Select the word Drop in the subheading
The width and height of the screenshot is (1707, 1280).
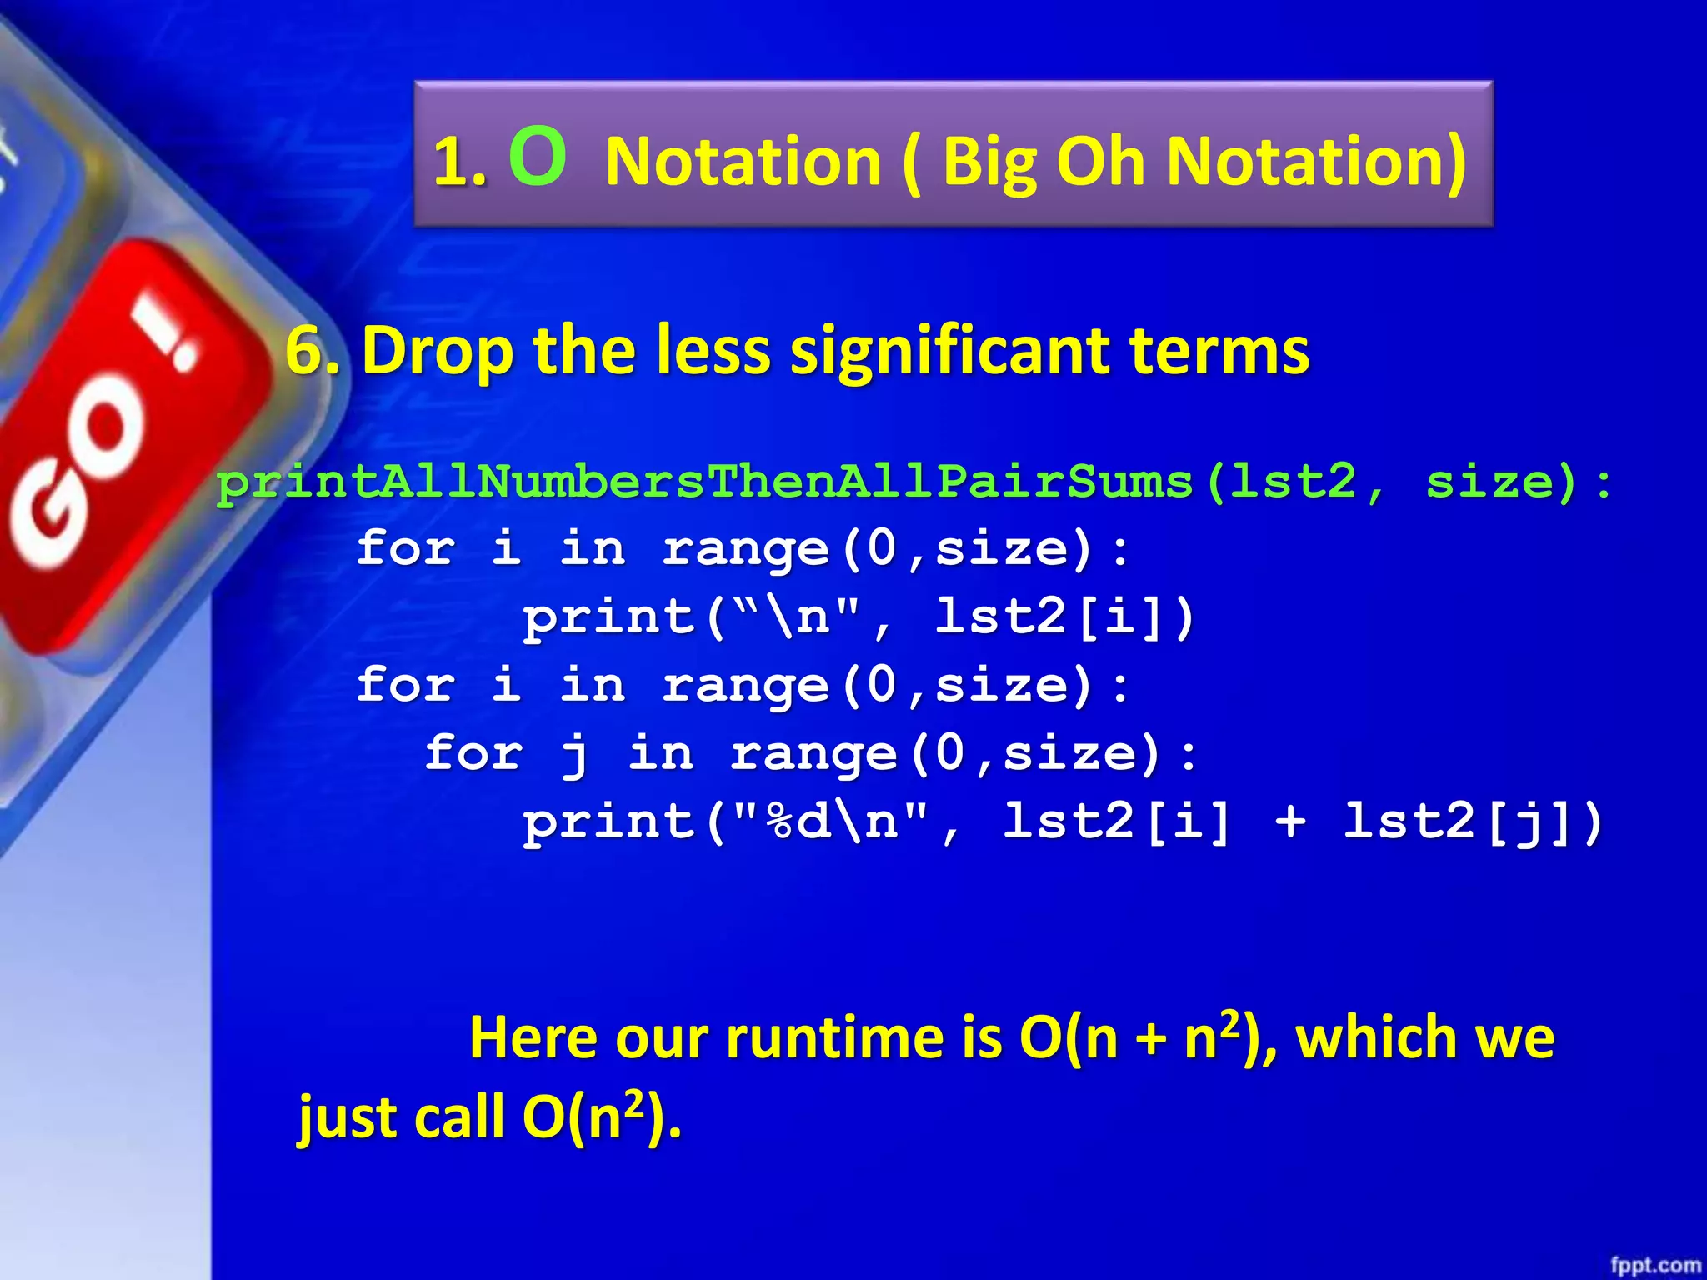click(x=438, y=351)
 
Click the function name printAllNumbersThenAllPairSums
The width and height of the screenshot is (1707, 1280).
click(x=705, y=482)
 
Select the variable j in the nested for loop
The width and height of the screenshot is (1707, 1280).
click(x=574, y=755)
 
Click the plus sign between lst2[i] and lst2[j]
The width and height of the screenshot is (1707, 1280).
click(x=1290, y=822)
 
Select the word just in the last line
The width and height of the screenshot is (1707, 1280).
click(x=350, y=1118)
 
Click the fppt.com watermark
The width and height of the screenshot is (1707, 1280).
click(x=1654, y=1265)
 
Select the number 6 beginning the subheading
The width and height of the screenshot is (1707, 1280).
click(x=304, y=351)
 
